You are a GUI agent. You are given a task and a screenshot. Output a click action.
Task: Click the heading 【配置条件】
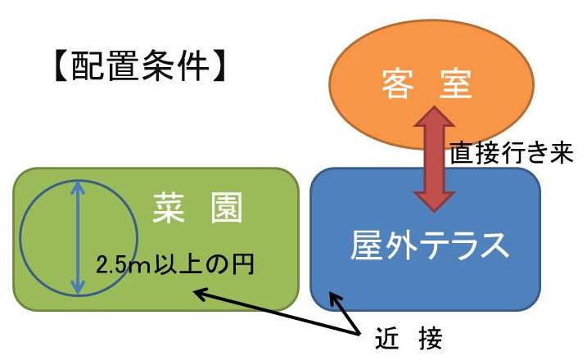tap(139, 67)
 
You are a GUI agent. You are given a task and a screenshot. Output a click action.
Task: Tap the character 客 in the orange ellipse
tap(398, 84)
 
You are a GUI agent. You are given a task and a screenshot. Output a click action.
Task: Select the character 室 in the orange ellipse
tap(455, 84)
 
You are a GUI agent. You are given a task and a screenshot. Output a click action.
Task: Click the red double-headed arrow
tap(434, 159)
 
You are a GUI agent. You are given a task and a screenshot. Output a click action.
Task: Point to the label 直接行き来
tap(512, 153)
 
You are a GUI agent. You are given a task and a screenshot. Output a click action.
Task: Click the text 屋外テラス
tap(429, 245)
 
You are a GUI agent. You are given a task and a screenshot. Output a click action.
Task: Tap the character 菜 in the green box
tap(169, 208)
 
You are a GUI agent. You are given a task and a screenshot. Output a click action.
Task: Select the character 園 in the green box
tap(227, 208)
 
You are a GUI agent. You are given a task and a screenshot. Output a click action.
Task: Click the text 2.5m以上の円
tap(175, 264)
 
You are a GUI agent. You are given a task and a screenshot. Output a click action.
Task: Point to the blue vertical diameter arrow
tap(78, 237)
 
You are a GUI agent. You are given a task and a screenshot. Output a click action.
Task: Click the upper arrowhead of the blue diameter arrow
tap(78, 187)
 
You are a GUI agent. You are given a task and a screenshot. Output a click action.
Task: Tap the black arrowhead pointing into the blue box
tap(334, 299)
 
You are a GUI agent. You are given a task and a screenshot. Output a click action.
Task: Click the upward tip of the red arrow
tap(434, 106)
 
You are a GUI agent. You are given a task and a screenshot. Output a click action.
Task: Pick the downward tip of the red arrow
tap(434, 212)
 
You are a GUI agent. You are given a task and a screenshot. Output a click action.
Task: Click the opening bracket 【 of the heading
tap(61, 67)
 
